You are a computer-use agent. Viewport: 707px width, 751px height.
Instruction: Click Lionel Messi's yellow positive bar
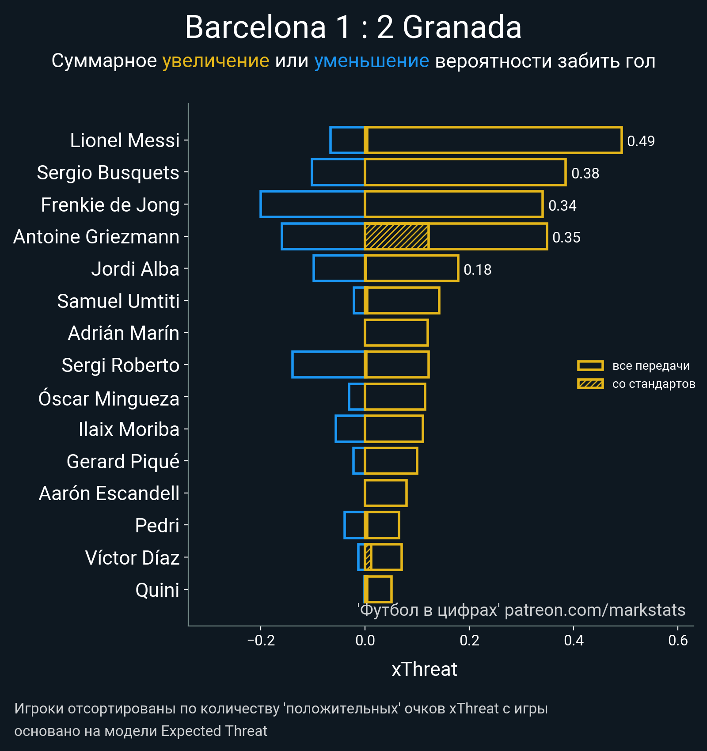(493, 140)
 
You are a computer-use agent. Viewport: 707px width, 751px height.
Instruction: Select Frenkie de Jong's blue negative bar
(312, 204)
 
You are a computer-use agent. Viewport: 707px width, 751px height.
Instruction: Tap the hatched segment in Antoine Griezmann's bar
(396, 236)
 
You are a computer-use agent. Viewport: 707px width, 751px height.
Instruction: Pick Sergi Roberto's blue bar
(328, 364)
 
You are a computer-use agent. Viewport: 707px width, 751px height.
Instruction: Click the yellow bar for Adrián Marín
(396, 333)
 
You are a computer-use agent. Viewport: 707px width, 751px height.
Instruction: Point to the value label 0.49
(641, 141)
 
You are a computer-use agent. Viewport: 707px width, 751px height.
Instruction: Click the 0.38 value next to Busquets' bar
(585, 173)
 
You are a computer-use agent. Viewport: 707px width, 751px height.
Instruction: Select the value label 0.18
(477, 269)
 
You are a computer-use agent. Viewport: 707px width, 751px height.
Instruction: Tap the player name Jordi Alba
(135, 269)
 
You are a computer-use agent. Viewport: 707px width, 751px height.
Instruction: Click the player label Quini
(157, 590)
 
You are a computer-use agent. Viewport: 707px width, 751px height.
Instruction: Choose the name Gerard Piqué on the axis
(123, 462)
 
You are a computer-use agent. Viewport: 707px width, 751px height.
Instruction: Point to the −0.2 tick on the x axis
(261, 640)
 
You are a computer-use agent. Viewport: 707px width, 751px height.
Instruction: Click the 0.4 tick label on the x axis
(574, 640)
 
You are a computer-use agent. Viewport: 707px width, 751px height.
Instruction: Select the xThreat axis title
(424, 669)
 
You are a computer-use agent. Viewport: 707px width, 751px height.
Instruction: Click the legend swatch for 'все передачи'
(590, 366)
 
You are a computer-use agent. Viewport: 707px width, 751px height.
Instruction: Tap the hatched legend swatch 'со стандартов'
(590, 384)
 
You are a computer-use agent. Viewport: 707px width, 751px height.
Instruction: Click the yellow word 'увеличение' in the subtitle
(216, 61)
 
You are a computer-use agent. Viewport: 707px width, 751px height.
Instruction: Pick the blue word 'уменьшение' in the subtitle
(371, 61)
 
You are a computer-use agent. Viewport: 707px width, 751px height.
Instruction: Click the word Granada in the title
(462, 27)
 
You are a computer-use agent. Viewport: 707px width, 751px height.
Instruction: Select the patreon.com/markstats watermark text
(595, 610)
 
